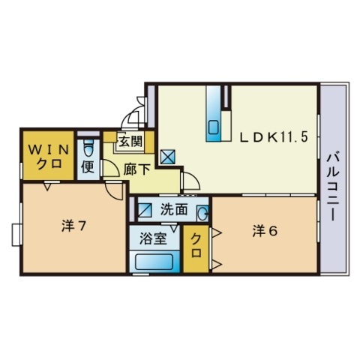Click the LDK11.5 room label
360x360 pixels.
(273, 137)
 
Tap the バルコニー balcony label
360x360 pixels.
(333, 187)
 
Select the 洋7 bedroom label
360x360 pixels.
(73, 226)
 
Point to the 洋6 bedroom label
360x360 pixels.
(265, 231)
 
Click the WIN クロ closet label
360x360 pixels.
(49, 157)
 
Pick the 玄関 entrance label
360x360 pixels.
(130, 142)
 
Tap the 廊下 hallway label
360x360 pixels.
(136, 169)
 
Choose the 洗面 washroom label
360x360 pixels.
(174, 209)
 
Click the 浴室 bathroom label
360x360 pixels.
(153, 238)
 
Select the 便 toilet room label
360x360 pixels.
(88, 166)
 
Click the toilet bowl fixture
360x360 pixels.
(88, 148)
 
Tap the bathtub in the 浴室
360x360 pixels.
(154, 262)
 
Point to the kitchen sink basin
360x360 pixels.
(214, 127)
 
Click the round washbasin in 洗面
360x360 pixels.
(202, 213)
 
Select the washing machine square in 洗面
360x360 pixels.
(145, 210)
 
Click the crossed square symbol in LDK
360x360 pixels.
(168, 157)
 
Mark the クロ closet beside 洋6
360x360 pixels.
(196, 249)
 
